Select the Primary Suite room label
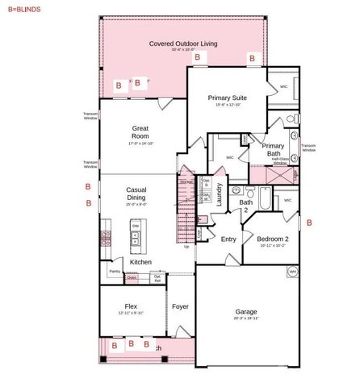tap(227, 99)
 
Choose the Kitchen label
tap(140, 262)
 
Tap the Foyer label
tap(179, 306)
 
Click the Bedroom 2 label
tap(272, 239)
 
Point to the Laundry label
tap(219, 197)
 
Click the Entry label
tap(228, 239)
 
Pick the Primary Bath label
tap(273, 151)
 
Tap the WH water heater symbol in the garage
tap(292, 272)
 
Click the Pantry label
tap(114, 272)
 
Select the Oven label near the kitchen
tap(131, 278)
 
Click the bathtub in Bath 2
tap(266, 198)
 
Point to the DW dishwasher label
tap(136, 227)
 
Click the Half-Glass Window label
tap(280, 161)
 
